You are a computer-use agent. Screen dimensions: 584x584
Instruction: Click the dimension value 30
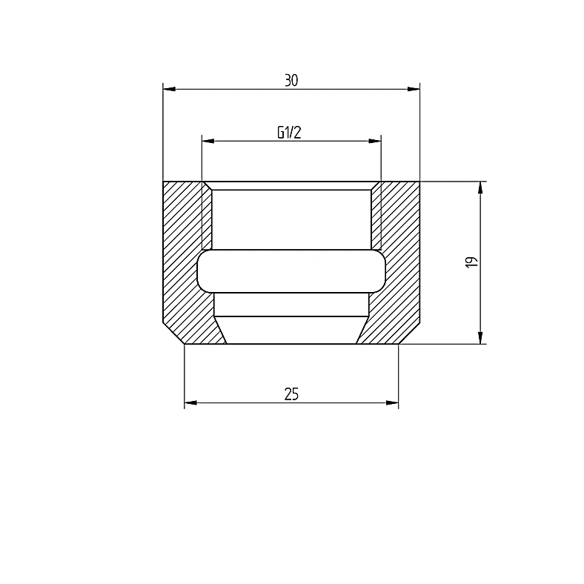pyautogui.click(x=291, y=81)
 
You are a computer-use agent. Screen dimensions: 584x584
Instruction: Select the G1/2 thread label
pyautogui.click(x=289, y=132)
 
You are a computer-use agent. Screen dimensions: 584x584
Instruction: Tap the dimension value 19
pyautogui.click(x=471, y=262)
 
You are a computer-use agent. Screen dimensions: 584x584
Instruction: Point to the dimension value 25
pyautogui.click(x=291, y=394)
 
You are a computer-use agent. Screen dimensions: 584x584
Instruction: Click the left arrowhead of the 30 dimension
pyautogui.click(x=170, y=89)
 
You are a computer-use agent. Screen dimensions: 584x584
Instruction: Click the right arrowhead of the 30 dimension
pyautogui.click(x=414, y=89)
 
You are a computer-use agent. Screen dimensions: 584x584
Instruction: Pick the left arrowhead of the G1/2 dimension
pyautogui.click(x=208, y=141)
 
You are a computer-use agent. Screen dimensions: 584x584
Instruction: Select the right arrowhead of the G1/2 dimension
pyautogui.click(x=375, y=141)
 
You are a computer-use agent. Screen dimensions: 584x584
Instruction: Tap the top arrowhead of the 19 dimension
pyautogui.click(x=480, y=188)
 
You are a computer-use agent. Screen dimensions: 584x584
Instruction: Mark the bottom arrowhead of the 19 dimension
pyautogui.click(x=480, y=337)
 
